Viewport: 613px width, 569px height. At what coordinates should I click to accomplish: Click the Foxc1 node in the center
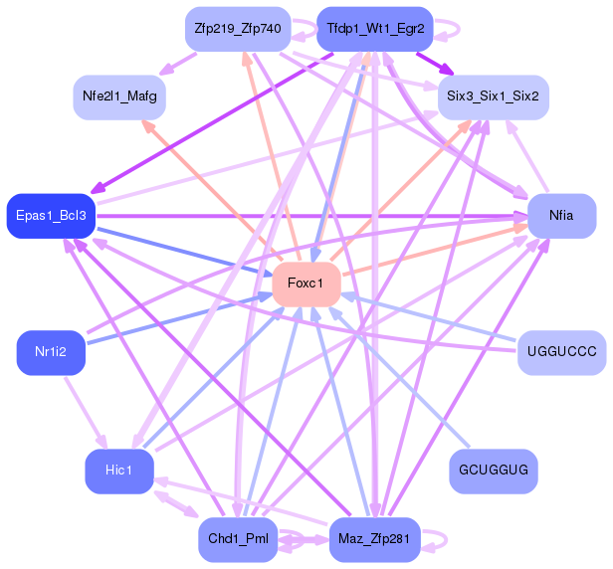click(306, 284)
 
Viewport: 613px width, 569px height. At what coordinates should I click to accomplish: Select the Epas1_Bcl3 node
click(51, 216)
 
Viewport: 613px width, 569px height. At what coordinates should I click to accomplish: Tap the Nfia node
click(561, 216)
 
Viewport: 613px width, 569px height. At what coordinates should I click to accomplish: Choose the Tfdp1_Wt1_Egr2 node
click(374, 29)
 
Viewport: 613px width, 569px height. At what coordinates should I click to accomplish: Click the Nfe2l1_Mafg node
click(119, 96)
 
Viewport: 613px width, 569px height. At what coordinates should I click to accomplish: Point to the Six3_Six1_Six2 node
click(494, 96)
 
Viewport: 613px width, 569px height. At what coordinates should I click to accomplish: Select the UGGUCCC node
click(561, 352)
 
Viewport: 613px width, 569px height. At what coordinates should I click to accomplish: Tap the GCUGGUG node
click(494, 468)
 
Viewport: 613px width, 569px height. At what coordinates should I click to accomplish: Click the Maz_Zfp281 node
click(374, 539)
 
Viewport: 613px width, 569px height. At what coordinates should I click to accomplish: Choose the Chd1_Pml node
click(238, 539)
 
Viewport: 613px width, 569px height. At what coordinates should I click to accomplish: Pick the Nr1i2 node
click(51, 352)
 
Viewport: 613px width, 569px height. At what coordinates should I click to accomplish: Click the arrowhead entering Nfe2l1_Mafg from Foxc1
click(149, 126)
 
